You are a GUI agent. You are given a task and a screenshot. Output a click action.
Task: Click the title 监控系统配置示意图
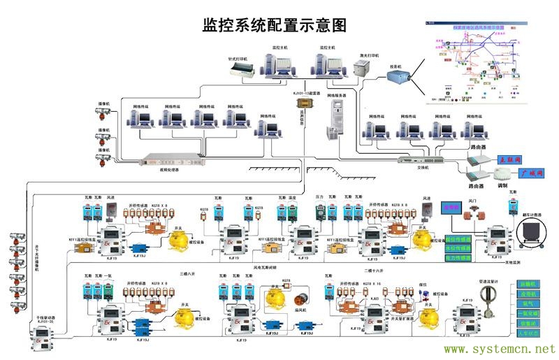[x=275, y=25]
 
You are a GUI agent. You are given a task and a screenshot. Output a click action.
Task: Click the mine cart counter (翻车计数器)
[x=532, y=231]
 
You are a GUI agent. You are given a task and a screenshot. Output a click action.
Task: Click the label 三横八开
[x=189, y=275]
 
